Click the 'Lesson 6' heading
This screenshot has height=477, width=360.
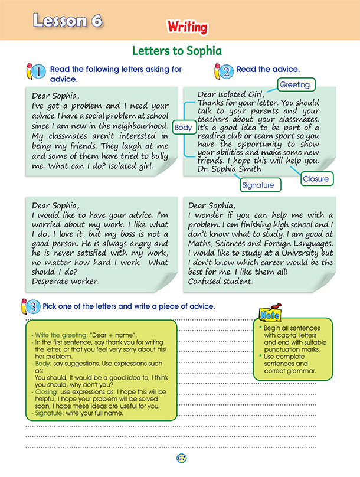[67, 21]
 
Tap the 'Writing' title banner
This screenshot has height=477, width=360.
[187, 27]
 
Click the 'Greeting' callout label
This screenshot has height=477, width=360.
[294, 85]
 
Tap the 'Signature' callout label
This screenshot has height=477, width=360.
[258, 185]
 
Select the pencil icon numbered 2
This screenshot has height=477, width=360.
[221, 71]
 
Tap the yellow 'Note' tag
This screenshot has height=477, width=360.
[270, 315]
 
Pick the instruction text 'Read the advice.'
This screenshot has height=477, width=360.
[268, 70]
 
